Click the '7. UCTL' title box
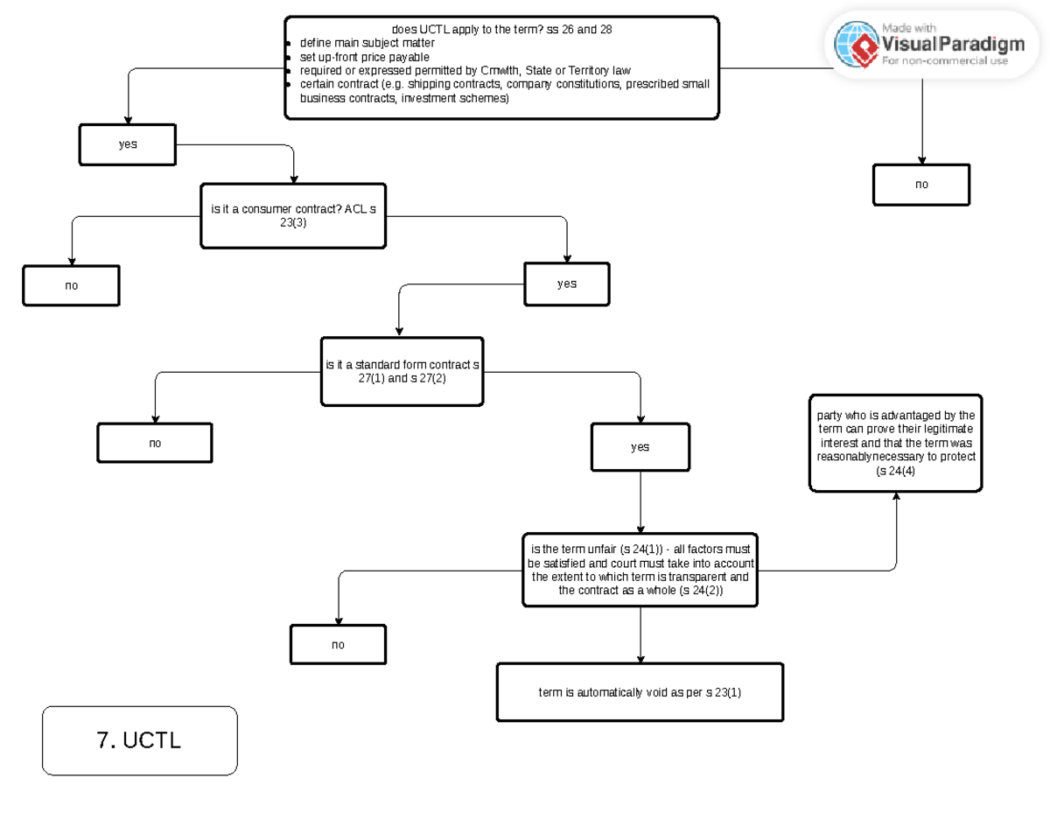(x=140, y=740)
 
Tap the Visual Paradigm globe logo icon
(x=857, y=45)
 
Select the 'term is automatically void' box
(x=640, y=692)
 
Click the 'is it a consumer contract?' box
(x=293, y=216)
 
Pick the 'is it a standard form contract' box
(x=402, y=372)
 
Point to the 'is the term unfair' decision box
(x=640, y=570)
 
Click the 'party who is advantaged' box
(x=895, y=443)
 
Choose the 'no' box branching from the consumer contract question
(x=71, y=286)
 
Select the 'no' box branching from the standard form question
(x=155, y=443)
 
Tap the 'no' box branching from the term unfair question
(x=338, y=645)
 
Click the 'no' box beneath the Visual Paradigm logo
(x=921, y=185)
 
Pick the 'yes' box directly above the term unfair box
(x=640, y=447)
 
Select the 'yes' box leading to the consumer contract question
(x=128, y=144)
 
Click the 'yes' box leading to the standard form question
(x=567, y=284)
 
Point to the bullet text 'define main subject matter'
(x=367, y=43)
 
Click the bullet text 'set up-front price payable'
(x=364, y=57)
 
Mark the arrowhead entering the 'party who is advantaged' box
(x=896, y=496)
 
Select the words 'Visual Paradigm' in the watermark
(x=952, y=44)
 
